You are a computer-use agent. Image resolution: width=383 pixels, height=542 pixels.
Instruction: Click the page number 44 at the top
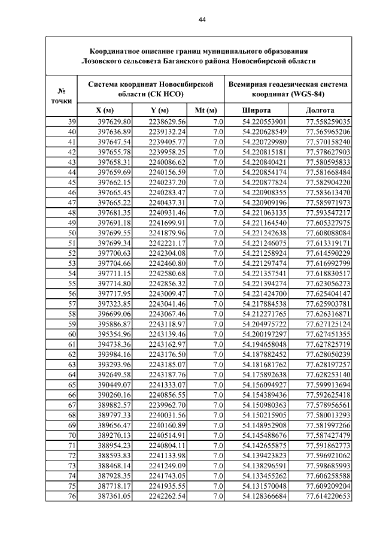click(202, 20)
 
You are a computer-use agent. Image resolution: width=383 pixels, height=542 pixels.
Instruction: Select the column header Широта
click(256, 111)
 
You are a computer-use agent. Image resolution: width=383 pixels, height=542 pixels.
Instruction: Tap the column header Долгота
click(320, 111)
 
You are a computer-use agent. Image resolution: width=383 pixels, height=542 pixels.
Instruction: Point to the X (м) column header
click(105, 111)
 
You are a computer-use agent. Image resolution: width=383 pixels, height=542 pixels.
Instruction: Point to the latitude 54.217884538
click(265, 304)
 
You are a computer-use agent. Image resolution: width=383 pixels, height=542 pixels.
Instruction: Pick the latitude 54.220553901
click(265, 122)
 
